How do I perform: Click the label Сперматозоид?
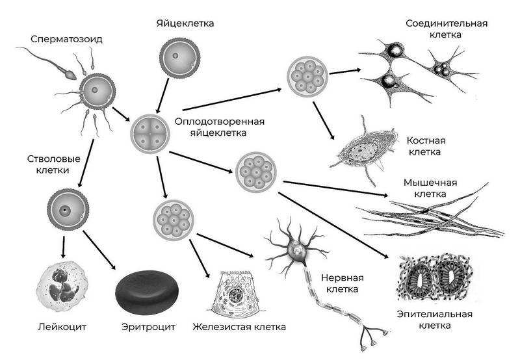(66, 39)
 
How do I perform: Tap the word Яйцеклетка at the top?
(185, 23)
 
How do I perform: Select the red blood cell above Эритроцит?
(147, 292)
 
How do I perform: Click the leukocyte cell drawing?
(62, 286)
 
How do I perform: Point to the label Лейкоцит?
(62, 327)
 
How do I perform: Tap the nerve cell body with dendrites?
(296, 247)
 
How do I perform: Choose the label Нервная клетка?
(343, 283)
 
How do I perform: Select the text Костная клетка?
(426, 146)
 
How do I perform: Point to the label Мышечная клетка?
(430, 188)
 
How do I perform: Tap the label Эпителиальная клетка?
(434, 320)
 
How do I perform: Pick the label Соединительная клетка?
(447, 29)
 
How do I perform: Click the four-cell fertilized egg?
(150, 134)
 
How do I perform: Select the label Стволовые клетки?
(53, 164)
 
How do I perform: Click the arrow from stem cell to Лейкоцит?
(63, 247)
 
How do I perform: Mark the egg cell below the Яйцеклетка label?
(179, 58)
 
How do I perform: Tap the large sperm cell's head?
(71, 75)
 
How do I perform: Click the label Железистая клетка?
(239, 327)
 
